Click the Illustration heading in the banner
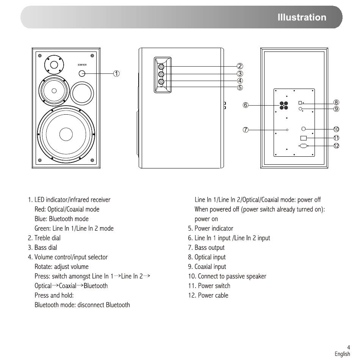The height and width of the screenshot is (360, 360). [302, 17]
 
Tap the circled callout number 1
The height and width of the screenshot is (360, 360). [117, 73]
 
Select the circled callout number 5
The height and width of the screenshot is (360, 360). [240, 87]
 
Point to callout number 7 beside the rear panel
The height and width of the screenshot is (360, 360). [246, 130]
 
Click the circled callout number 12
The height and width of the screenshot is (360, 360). [337, 146]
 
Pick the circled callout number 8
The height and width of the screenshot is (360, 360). [337, 103]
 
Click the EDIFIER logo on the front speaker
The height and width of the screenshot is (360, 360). [82, 65]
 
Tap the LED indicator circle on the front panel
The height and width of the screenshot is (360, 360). [82, 73]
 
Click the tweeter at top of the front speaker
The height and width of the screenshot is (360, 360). [54, 65]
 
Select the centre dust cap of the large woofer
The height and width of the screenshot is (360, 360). [66, 134]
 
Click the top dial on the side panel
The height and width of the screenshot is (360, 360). [161, 67]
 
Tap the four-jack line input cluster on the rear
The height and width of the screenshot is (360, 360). [284, 105]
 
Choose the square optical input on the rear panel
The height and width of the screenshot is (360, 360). [300, 103]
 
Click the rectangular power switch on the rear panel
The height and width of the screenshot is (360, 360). [304, 138]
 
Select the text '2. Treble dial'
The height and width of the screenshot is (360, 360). [44, 238]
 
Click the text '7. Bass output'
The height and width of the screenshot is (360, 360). [206, 248]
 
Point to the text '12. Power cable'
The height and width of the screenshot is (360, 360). [208, 295]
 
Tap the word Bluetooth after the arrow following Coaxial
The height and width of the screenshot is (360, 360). [95, 286]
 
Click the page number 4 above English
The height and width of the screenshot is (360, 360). [349, 348]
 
